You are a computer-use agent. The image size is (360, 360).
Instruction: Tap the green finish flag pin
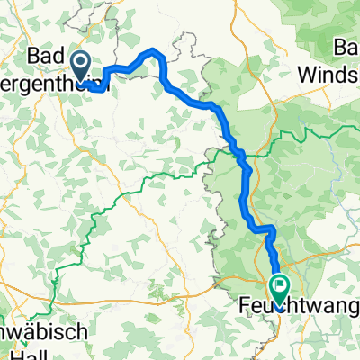point(280,288)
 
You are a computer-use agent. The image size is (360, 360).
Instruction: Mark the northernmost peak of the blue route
point(154,50)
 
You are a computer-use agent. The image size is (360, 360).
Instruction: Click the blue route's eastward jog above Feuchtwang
point(262,230)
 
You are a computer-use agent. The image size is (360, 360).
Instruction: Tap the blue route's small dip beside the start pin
point(95,87)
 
